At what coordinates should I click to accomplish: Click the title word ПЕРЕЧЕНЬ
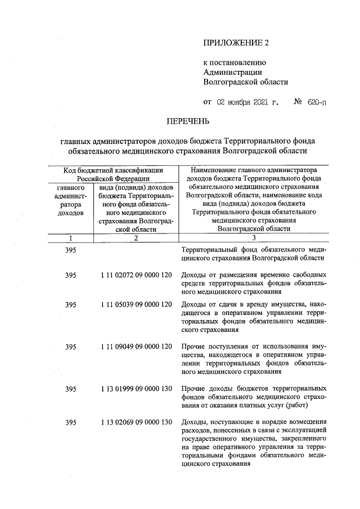click(188, 121)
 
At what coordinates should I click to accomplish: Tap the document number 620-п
click(317, 102)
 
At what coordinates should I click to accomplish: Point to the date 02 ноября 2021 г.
click(247, 102)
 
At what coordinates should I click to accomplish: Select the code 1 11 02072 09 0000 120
click(136, 275)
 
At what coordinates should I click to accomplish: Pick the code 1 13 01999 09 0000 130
click(136, 389)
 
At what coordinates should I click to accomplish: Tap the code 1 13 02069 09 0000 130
click(136, 422)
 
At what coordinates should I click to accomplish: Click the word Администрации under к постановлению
click(232, 71)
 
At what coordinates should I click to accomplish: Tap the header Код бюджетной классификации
click(113, 169)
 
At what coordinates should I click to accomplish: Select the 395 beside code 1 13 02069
click(70, 422)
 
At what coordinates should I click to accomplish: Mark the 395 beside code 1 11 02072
click(70, 275)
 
